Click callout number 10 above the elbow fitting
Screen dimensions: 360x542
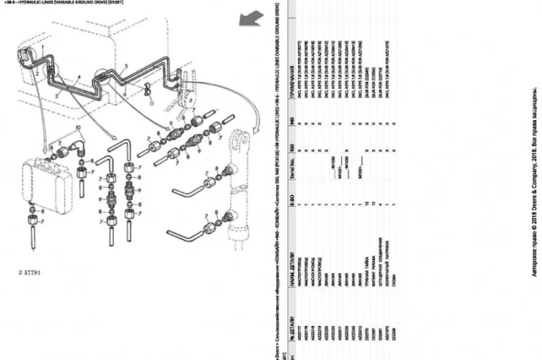[x=76, y=127]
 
